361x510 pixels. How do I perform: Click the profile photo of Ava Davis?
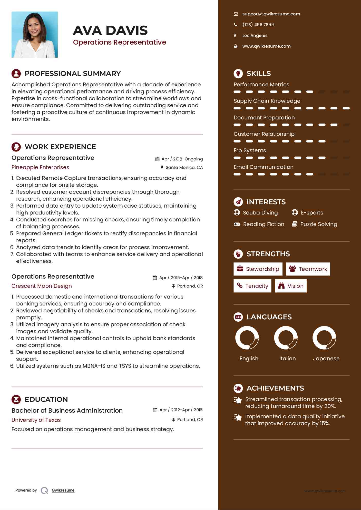tap(35, 35)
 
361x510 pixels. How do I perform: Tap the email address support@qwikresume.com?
tap(271, 14)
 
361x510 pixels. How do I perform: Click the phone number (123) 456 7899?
tap(258, 25)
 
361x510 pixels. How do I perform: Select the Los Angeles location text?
tap(255, 35)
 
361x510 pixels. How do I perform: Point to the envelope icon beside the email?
tap(236, 14)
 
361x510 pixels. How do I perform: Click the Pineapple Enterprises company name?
tap(40, 167)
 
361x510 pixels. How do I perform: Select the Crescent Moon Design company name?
tap(42, 286)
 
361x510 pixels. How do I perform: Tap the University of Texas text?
tap(36, 420)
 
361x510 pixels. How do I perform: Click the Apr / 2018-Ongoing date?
tap(182, 159)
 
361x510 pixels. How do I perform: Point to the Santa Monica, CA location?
tap(184, 167)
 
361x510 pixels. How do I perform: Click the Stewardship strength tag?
tap(258, 269)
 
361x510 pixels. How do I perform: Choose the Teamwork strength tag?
tap(308, 269)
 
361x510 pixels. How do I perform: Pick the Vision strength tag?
tap(291, 286)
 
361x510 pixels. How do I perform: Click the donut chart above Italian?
tap(286, 338)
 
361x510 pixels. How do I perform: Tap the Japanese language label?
tap(326, 358)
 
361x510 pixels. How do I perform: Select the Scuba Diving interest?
tap(260, 213)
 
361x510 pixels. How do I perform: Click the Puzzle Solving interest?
tap(318, 224)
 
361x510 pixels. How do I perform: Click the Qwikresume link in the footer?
tap(63, 490)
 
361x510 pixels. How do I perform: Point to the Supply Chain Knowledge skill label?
tap(267, 101)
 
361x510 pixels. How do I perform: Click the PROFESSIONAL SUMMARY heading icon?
tap(16, 74)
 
